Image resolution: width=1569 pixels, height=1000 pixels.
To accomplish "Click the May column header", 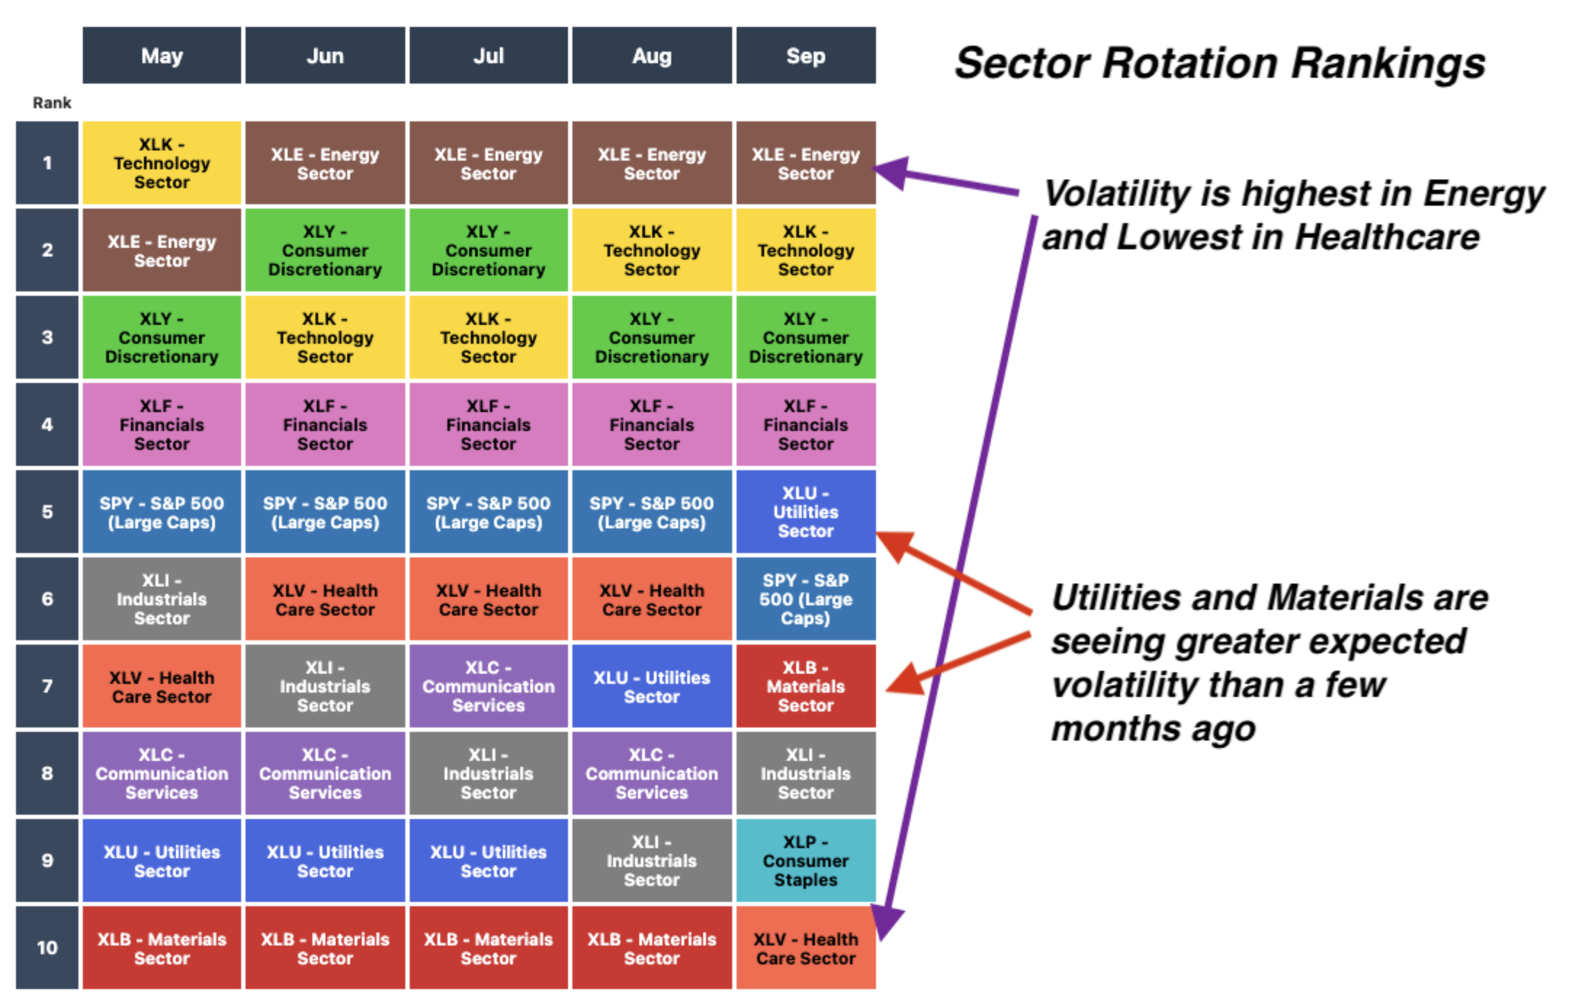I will pyautogui.click(x=161, y=56).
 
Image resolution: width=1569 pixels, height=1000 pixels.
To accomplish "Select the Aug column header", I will pyautogui.click(x=652, y=56).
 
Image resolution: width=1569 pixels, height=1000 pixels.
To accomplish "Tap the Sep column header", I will pyautogui.click(x=806, y=56).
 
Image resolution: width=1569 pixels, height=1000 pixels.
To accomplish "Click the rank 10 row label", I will pyautogui.click(x=47, y=948).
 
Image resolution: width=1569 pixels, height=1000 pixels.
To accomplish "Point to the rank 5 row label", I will pyautogui.click(x=47, y=512).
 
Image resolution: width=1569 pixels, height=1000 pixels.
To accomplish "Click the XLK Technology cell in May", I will pyautogui.click(x=161, y=163).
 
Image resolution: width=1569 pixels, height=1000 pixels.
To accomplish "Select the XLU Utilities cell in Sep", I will pyautogui.click(x=806, y=512).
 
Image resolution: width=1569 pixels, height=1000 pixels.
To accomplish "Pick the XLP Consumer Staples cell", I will pyautogui.click(x=806, y=860).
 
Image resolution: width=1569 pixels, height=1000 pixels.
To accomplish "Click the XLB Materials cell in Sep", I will pyautogui.click(x=806, y=686).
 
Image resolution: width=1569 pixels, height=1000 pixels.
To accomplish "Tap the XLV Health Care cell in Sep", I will pyautogui.click(x=806, y=948).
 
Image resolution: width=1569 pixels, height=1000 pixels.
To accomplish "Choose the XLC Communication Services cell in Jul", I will pyautogui.click(x=488, y=686).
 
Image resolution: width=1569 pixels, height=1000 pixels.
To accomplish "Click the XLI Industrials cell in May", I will pyautogui.click(x=161, y=599).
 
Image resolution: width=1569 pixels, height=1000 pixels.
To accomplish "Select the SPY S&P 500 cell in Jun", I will pyautogui.click(x=325, y=512).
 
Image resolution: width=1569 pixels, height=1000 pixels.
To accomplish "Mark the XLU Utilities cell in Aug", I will pyautogui.click(x=652, y=686).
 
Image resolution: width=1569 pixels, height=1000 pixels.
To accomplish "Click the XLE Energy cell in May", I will pyautogui.click(x=161, y=250).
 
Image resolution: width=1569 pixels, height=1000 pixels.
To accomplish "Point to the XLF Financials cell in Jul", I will pyautogui.click(x=488, y=424).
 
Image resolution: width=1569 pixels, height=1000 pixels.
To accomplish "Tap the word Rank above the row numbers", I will pyautogui.click(x=52, y=103).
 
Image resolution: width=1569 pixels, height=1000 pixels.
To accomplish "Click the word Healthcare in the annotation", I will pyautogui.click(x=1387, y=237).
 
